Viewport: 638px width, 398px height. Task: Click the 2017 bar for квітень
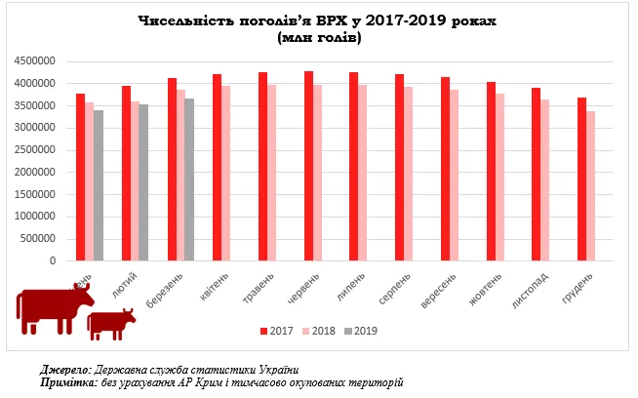(x=218, y=168)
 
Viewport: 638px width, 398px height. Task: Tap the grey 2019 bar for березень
(x=189, y=179)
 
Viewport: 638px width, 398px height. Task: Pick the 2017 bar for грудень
(x=582, y=179)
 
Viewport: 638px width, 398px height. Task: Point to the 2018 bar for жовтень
(x=500, y=178)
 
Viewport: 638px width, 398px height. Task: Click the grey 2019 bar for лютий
(x=143, y=182)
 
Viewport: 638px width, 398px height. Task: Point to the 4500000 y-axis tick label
(x=35, y=60)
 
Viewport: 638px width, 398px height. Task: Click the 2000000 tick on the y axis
(x=35, y=173)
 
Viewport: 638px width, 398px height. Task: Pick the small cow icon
(x=110, y=323)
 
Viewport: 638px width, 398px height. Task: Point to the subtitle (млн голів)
(x=318, y=37)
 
